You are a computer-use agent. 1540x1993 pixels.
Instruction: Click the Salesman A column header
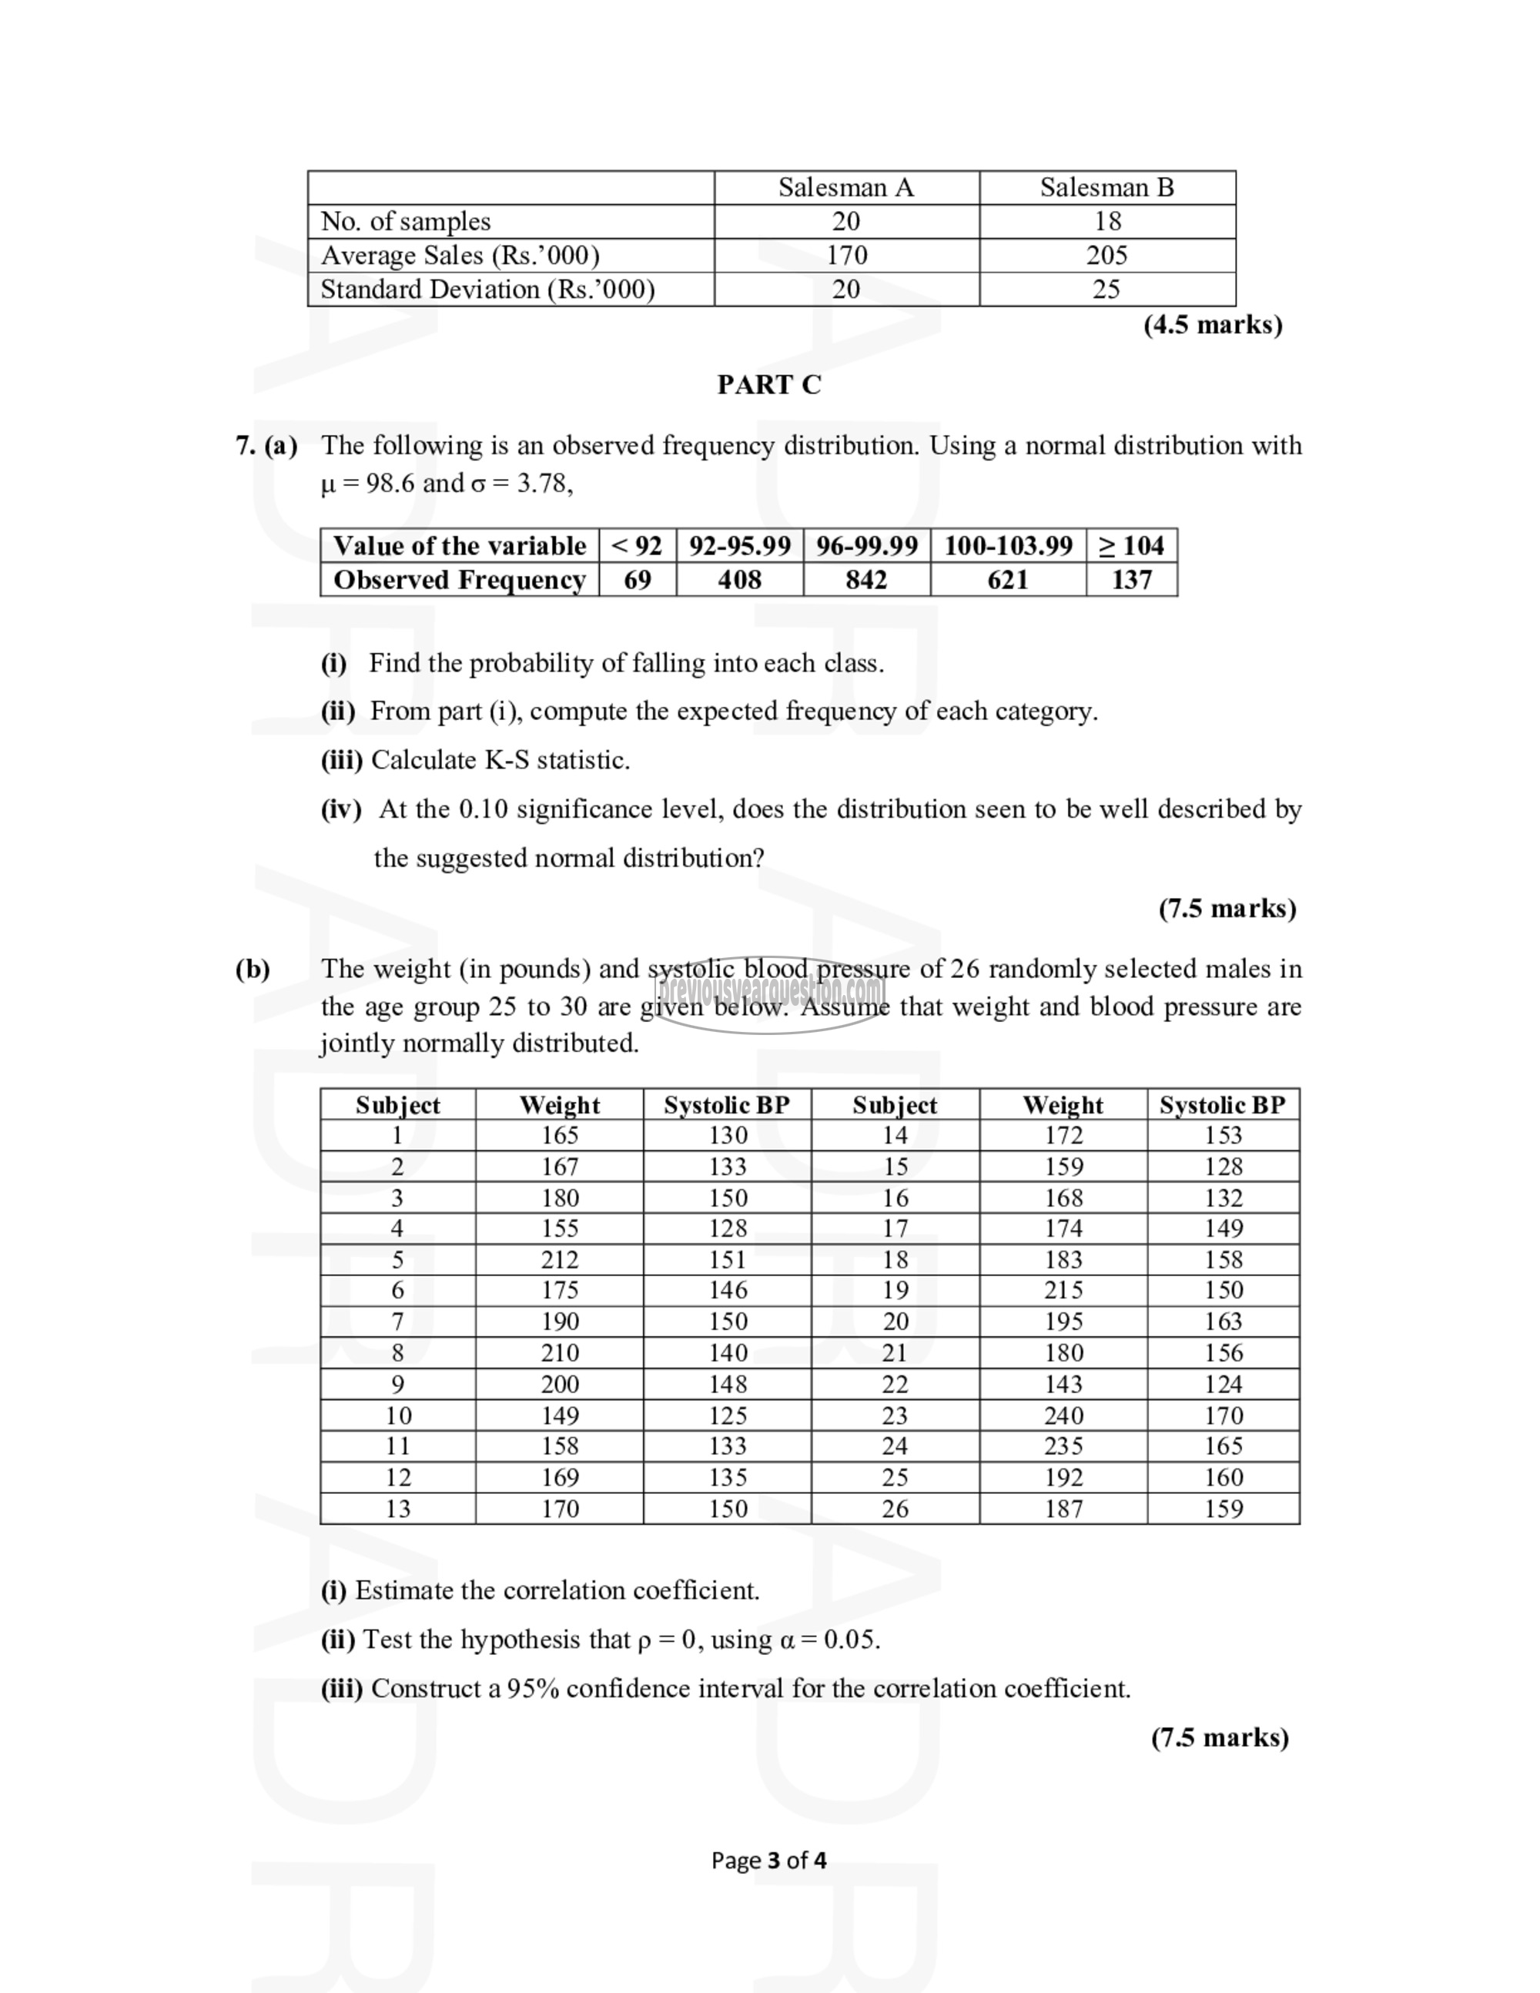click(845, 187)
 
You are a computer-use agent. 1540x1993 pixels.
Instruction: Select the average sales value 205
click(1106, 256)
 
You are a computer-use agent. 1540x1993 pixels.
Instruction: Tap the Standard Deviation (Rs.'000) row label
click(487, 290)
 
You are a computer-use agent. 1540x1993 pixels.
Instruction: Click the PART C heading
click(769, 385)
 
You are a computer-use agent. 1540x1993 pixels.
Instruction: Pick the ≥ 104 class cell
click(1131, 546)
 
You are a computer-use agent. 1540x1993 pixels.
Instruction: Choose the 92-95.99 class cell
click(739, 546)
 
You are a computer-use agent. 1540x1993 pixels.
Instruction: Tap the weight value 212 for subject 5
click(559, 1259)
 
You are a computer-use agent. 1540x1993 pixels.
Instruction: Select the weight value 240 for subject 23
click(1064, 1415)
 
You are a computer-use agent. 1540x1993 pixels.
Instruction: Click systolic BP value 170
click(1224, 1415)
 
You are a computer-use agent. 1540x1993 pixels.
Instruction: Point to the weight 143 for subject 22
click(1064, 1385)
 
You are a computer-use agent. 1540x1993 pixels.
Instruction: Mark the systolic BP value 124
click(1224, 1385)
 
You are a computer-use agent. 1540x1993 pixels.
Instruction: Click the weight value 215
click(1064, 1291)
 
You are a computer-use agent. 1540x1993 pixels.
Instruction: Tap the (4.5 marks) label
click(1213, 325)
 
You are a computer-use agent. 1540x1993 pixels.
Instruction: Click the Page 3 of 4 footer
click(769, 1861)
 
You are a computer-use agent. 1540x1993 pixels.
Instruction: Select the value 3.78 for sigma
click(543, 484)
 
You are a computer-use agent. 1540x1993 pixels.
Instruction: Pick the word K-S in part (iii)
click(507, 760)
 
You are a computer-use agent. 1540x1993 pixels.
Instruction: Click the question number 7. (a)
click(266, 445)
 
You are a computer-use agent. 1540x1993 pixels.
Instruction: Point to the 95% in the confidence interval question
click(533, 1689)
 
